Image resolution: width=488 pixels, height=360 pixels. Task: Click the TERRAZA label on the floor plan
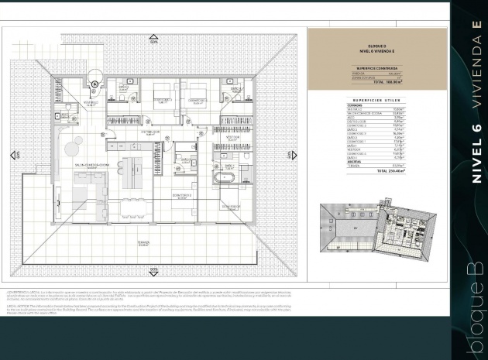(143, 242)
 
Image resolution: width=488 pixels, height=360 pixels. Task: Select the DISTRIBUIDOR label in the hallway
(150, 132)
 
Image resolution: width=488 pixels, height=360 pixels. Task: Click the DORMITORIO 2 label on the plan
(183, 196)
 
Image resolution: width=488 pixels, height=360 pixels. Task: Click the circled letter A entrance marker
(95, 84)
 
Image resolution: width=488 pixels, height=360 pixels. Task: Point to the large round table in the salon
(76, 145)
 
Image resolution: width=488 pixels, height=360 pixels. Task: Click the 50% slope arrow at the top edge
(153, 32)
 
